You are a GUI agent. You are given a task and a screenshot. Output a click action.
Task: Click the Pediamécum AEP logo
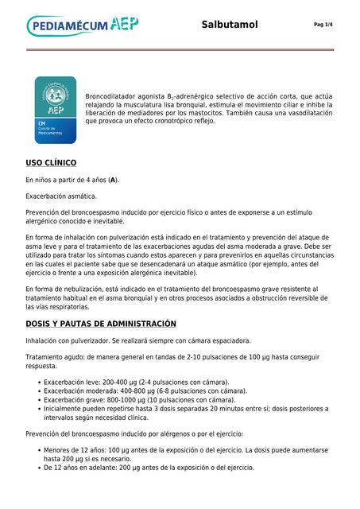pos(83,26)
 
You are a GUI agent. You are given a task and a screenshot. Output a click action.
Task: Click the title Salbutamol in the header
pos(230,25)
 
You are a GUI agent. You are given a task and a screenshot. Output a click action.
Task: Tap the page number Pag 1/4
pos(323,25)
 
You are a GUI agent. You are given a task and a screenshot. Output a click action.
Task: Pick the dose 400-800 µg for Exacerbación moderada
pos(140,391)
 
